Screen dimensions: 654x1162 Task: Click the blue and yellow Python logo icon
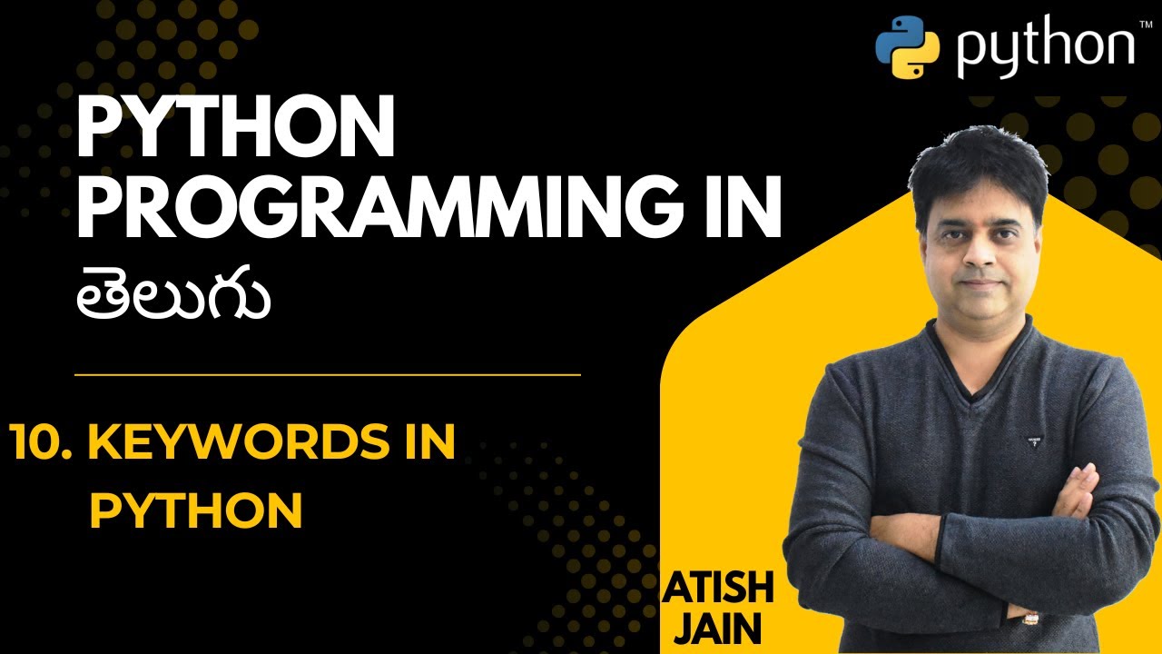(906, 46)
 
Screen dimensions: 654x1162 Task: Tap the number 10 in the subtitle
(42, 445)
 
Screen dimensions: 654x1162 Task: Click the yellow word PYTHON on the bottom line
(195, 511)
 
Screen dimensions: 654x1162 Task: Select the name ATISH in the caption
(719, 590)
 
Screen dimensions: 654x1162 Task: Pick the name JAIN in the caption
(717, 629)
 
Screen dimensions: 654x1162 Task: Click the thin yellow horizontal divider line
(327, 374)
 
